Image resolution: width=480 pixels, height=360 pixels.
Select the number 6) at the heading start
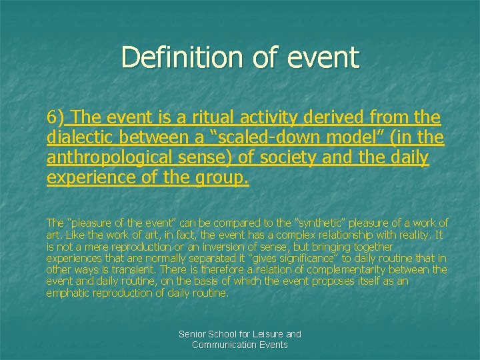(x=55, y=118)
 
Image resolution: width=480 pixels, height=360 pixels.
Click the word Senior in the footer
(x=193, y=334)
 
